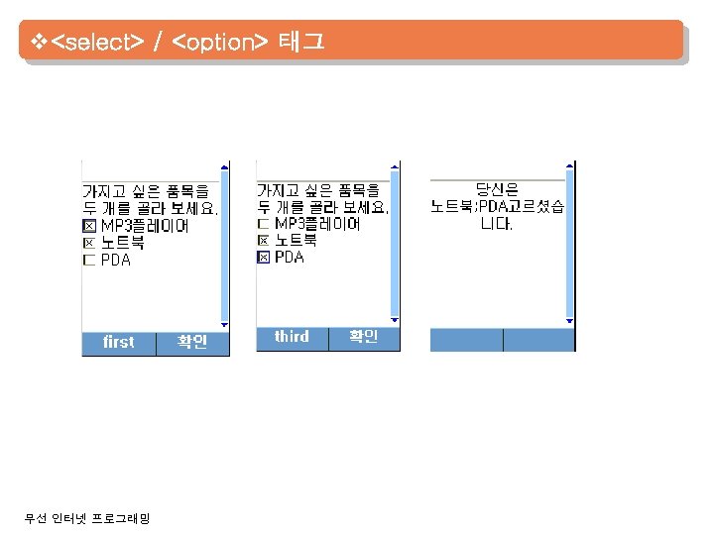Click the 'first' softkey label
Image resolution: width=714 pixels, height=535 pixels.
118,342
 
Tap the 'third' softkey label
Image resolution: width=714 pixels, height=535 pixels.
292,337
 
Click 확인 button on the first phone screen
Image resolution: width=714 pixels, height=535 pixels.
192,342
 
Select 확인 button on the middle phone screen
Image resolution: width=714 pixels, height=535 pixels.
363,337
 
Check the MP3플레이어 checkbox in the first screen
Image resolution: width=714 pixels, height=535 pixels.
89,227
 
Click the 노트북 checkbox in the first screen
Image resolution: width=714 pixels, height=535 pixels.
89,244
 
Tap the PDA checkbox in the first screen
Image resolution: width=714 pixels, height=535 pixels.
89,261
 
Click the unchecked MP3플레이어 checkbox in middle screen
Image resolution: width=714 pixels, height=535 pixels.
263,224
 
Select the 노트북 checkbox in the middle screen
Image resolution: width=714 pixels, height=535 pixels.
263,241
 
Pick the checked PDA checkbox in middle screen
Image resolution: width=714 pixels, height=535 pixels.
263,258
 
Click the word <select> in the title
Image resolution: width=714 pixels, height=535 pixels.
97,43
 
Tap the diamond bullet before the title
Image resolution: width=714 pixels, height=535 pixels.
38,42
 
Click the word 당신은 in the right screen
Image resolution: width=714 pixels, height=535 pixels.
497,189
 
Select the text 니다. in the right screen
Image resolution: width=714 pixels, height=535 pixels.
497,224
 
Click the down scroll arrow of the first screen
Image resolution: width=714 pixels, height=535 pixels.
224,325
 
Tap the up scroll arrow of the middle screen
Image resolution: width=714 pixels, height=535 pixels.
395,165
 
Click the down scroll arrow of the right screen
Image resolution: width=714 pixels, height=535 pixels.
569,321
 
